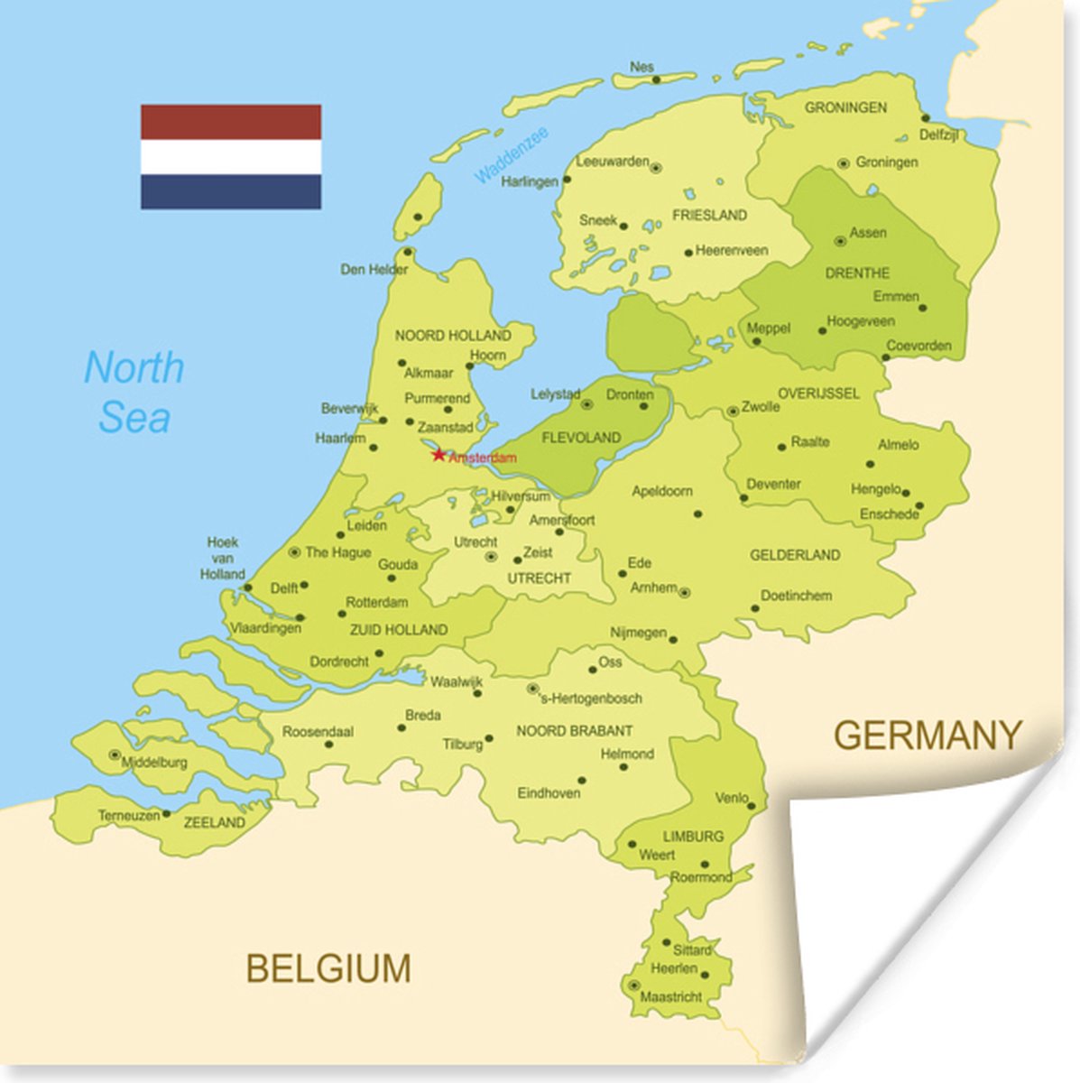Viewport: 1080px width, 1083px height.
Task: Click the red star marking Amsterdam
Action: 438,455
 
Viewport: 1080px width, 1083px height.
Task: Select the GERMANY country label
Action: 928,736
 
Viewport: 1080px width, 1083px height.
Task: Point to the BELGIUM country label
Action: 328,969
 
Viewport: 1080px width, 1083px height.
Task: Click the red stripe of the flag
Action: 231,121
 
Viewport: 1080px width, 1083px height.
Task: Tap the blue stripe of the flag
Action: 231,191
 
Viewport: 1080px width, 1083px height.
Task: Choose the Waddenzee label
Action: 512,155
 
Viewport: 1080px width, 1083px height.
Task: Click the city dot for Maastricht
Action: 634,985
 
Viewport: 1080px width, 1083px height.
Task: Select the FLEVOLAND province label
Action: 580,438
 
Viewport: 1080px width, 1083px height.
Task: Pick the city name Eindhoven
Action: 549,793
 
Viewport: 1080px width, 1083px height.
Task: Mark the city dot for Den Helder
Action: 408,252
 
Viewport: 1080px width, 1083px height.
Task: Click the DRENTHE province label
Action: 856,273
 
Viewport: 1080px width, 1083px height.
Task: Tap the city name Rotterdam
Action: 377,602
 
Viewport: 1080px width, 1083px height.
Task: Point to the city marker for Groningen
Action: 844,163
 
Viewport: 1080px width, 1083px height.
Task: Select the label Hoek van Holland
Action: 222,558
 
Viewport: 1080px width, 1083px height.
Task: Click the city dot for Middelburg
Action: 115,754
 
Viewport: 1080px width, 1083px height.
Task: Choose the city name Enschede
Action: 889,514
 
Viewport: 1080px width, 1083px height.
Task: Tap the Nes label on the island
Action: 642,67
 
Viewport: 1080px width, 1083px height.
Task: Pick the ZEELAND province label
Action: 214,822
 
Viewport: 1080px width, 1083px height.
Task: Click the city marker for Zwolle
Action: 733,412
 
